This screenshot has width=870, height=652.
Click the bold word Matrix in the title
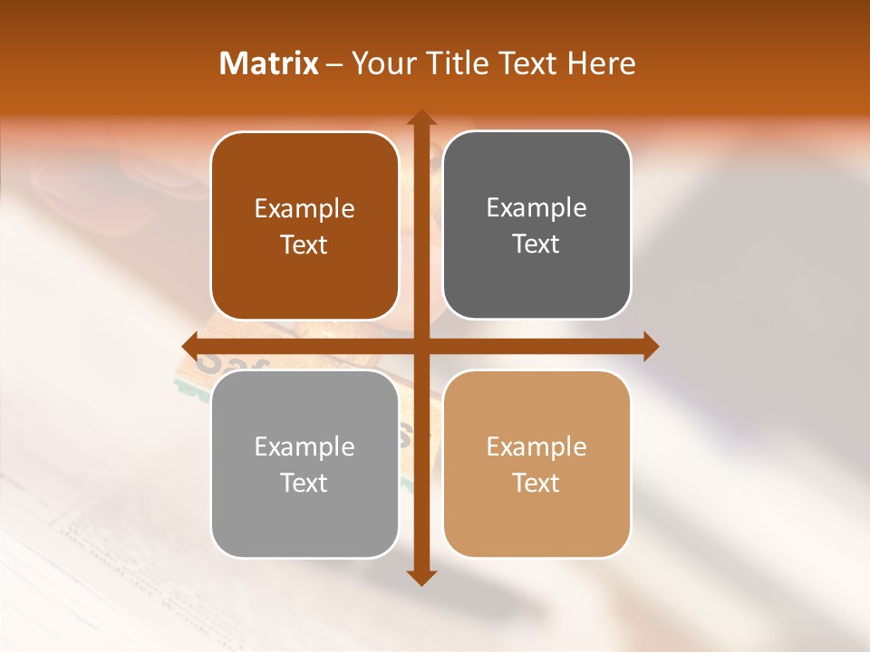point(269,63)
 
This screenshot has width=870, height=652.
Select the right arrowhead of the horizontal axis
point(651,346)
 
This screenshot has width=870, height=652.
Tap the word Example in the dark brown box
point(304,209)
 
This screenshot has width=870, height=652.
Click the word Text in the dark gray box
point(536,244)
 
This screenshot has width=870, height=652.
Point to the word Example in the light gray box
point(304,447)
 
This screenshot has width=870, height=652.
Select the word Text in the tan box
point(536,484)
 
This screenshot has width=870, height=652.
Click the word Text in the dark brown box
point(304,245)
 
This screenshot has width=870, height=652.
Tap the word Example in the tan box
point(536,447)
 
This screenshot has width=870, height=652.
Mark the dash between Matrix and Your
point(334,64)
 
